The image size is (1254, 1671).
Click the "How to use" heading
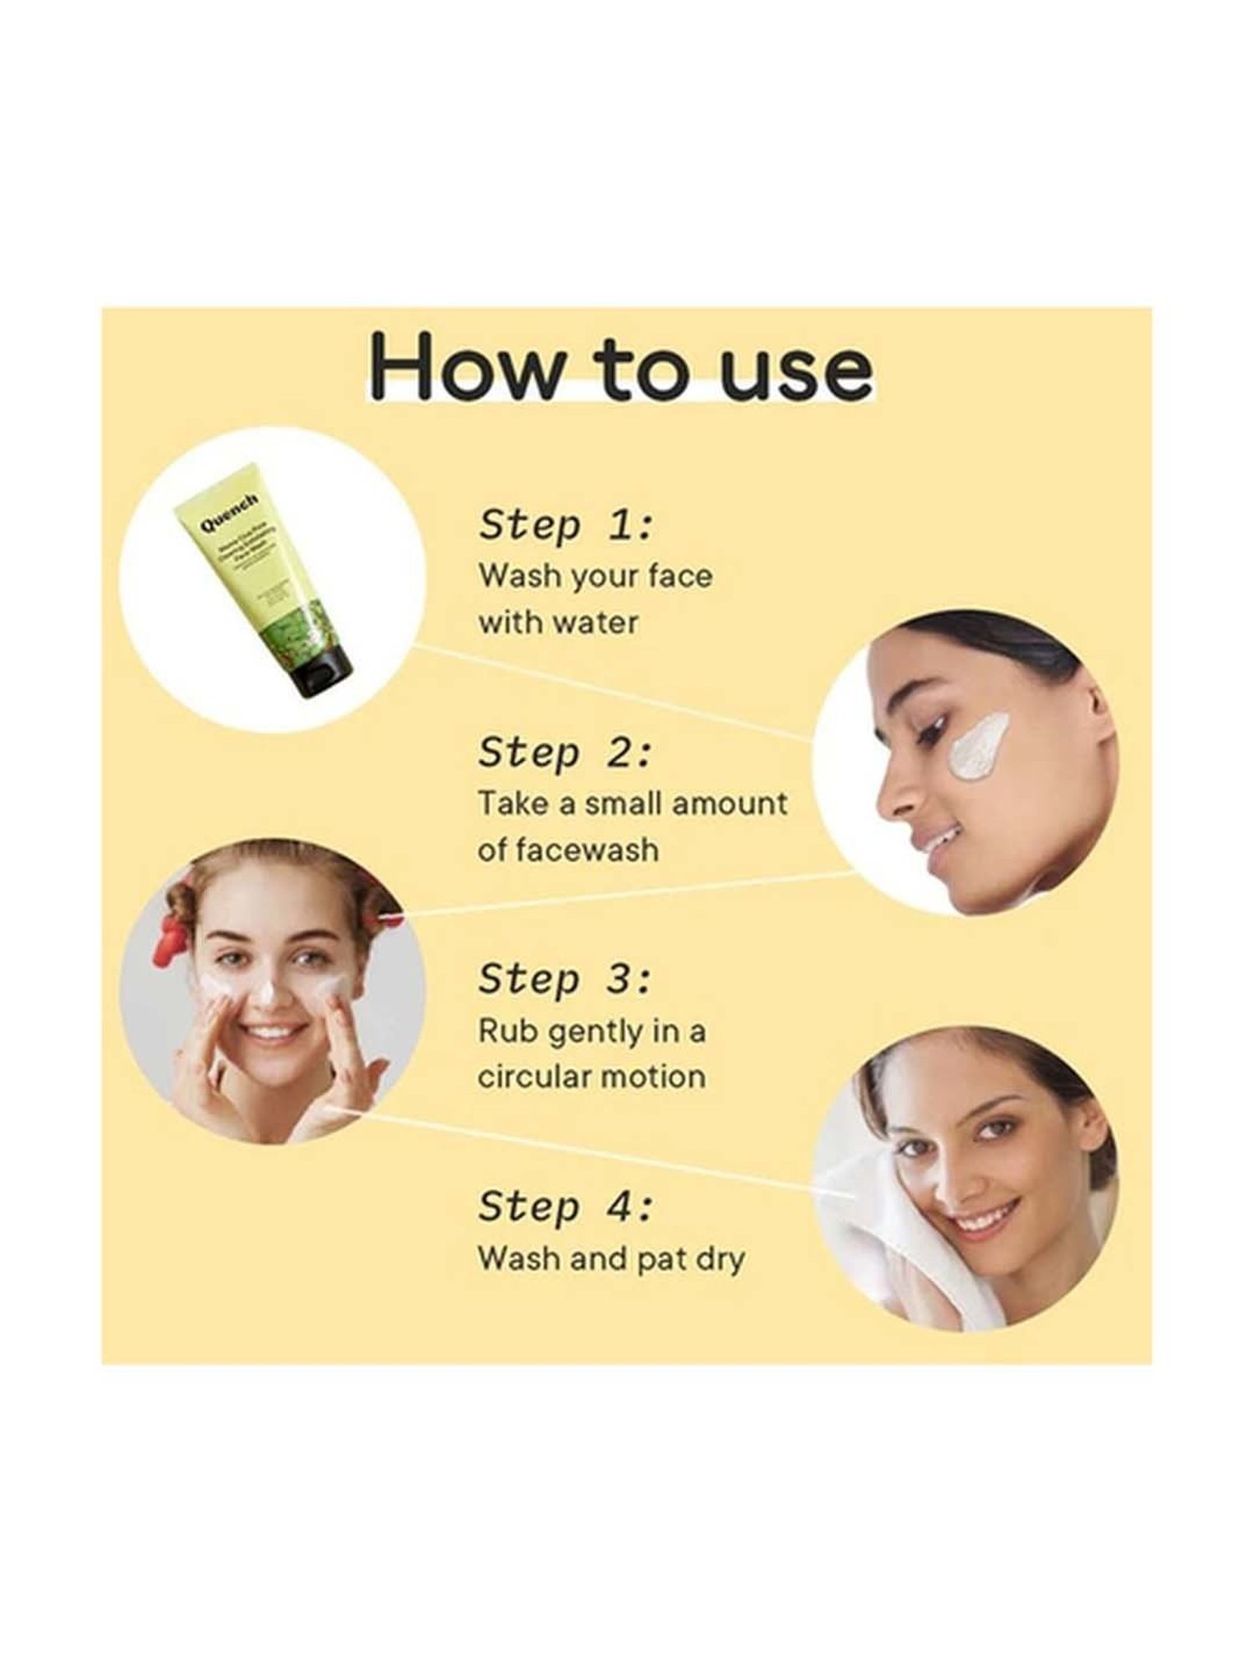(623, 368)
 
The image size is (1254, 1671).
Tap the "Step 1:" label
(565, 526)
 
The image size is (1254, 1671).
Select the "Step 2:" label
(565, 754)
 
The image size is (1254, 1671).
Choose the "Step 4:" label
(565, 1208)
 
